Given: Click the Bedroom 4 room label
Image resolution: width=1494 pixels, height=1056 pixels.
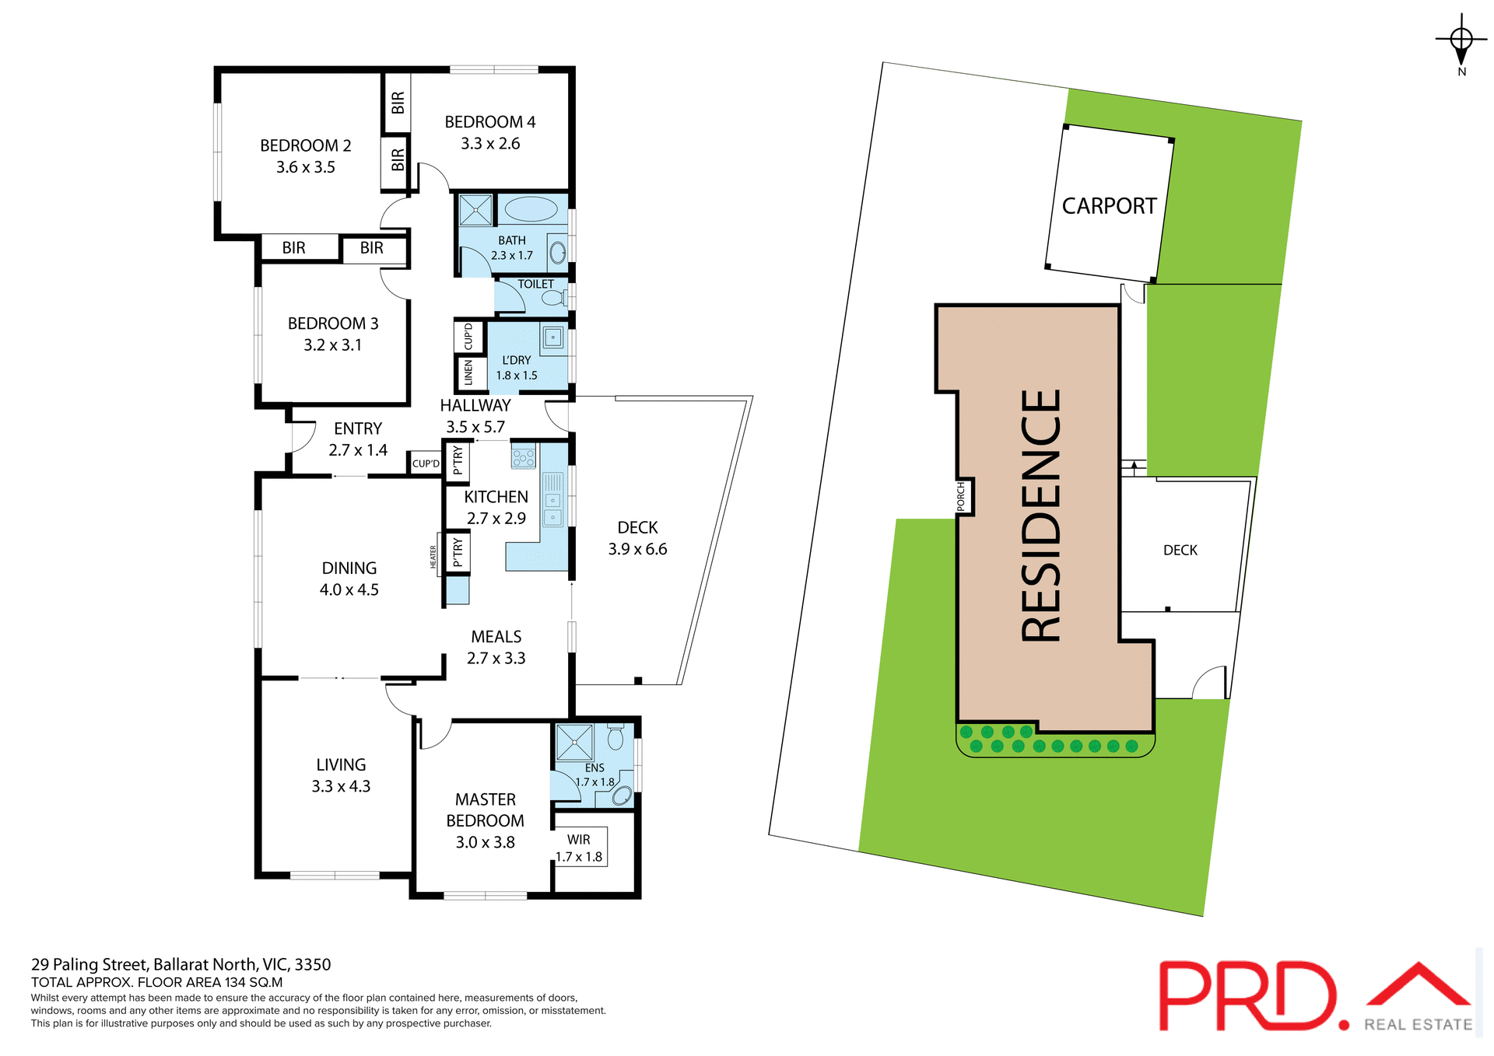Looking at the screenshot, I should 489,122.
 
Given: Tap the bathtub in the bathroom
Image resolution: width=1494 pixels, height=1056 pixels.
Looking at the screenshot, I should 531,209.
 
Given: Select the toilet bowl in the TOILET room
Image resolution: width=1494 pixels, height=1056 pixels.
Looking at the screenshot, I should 553,298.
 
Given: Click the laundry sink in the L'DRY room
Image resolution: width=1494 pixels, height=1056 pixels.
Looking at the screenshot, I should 552,337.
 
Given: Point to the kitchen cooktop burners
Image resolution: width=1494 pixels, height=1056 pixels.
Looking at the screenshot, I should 524,456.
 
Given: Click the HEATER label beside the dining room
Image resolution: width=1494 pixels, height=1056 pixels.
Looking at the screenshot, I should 433,557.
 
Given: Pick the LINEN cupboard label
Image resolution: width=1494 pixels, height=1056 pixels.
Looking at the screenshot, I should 468,372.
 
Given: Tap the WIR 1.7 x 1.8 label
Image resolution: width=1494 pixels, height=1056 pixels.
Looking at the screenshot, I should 578,848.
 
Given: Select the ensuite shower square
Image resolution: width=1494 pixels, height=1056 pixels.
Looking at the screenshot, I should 575,742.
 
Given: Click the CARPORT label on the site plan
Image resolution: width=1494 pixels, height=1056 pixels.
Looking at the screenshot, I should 1109,206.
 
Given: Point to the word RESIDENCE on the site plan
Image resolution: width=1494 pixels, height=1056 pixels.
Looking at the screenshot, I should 1041,516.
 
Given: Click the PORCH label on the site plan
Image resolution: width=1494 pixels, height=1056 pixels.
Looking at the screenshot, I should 961,497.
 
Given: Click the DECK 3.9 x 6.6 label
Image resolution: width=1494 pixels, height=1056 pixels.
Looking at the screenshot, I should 637,538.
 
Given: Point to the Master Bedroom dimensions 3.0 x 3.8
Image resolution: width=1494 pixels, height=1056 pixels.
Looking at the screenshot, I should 485,842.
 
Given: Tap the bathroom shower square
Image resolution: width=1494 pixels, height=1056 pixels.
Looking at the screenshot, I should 475,210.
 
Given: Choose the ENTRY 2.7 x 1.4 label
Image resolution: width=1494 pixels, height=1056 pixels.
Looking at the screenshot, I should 358,439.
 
